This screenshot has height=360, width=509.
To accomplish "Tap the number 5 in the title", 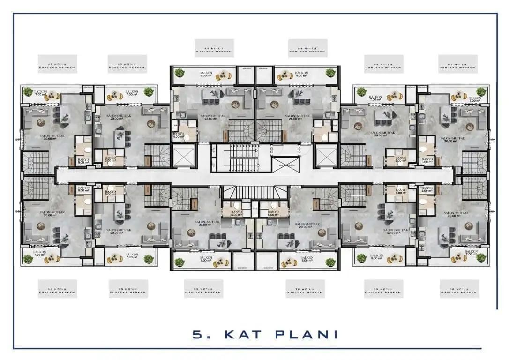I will coord(197,334).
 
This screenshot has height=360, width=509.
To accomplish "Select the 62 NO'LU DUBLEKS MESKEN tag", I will coord(57,64).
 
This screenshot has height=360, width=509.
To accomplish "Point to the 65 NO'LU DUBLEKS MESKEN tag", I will coord(307,48).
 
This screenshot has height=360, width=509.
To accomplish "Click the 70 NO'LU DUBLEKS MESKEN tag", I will coord(305,289).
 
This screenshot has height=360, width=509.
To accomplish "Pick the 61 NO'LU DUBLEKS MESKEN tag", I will coord(57,289).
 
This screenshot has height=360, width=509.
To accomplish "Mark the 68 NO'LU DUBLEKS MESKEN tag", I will coord(459,289).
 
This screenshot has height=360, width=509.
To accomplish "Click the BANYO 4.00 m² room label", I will coord(178,136).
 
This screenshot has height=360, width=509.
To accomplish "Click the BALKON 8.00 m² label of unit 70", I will coord(307,259).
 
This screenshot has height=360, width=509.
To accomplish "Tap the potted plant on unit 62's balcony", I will coord(29,92).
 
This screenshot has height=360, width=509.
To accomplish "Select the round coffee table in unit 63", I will coord(150,123).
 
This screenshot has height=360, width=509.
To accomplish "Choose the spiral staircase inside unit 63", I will coord(157,155).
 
